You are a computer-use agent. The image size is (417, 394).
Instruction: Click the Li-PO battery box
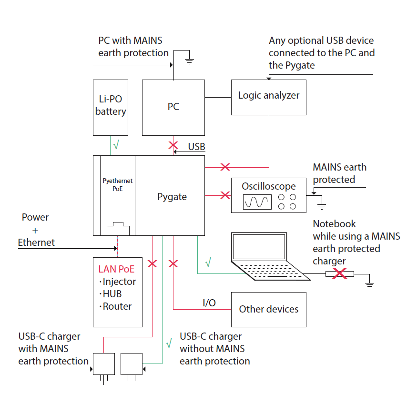tap(110, 107)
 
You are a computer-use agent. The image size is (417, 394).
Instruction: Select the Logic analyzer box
tap(269, 97)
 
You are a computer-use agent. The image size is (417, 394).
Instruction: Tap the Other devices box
tap(269, 309)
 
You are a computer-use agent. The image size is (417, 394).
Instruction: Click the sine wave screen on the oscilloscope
tap(257, 202)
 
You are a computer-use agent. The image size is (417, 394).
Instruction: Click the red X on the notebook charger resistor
tap(339, 274)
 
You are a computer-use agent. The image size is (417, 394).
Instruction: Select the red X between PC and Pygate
tap(173, 145)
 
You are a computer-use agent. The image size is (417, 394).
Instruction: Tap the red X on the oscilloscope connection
tap(225, 195)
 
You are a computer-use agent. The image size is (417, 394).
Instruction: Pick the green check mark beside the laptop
tap(208, 262)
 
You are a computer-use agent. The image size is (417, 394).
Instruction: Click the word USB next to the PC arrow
tap(196, 147)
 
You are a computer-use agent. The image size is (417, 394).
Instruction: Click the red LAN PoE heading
tap(116, 269)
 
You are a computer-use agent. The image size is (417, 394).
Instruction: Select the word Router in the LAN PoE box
tap(117, 306)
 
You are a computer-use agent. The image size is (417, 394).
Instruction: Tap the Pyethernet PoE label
tap(118, 185)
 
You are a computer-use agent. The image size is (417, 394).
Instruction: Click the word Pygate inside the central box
tap(172, 197)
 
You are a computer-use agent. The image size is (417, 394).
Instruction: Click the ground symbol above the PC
tap(189, 59)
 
